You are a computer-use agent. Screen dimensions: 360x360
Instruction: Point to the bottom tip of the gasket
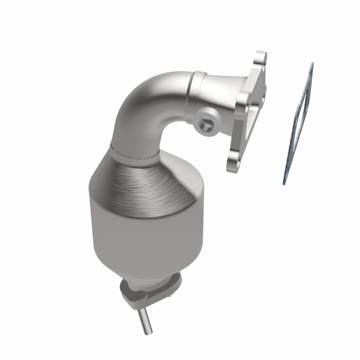(284, 182)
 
